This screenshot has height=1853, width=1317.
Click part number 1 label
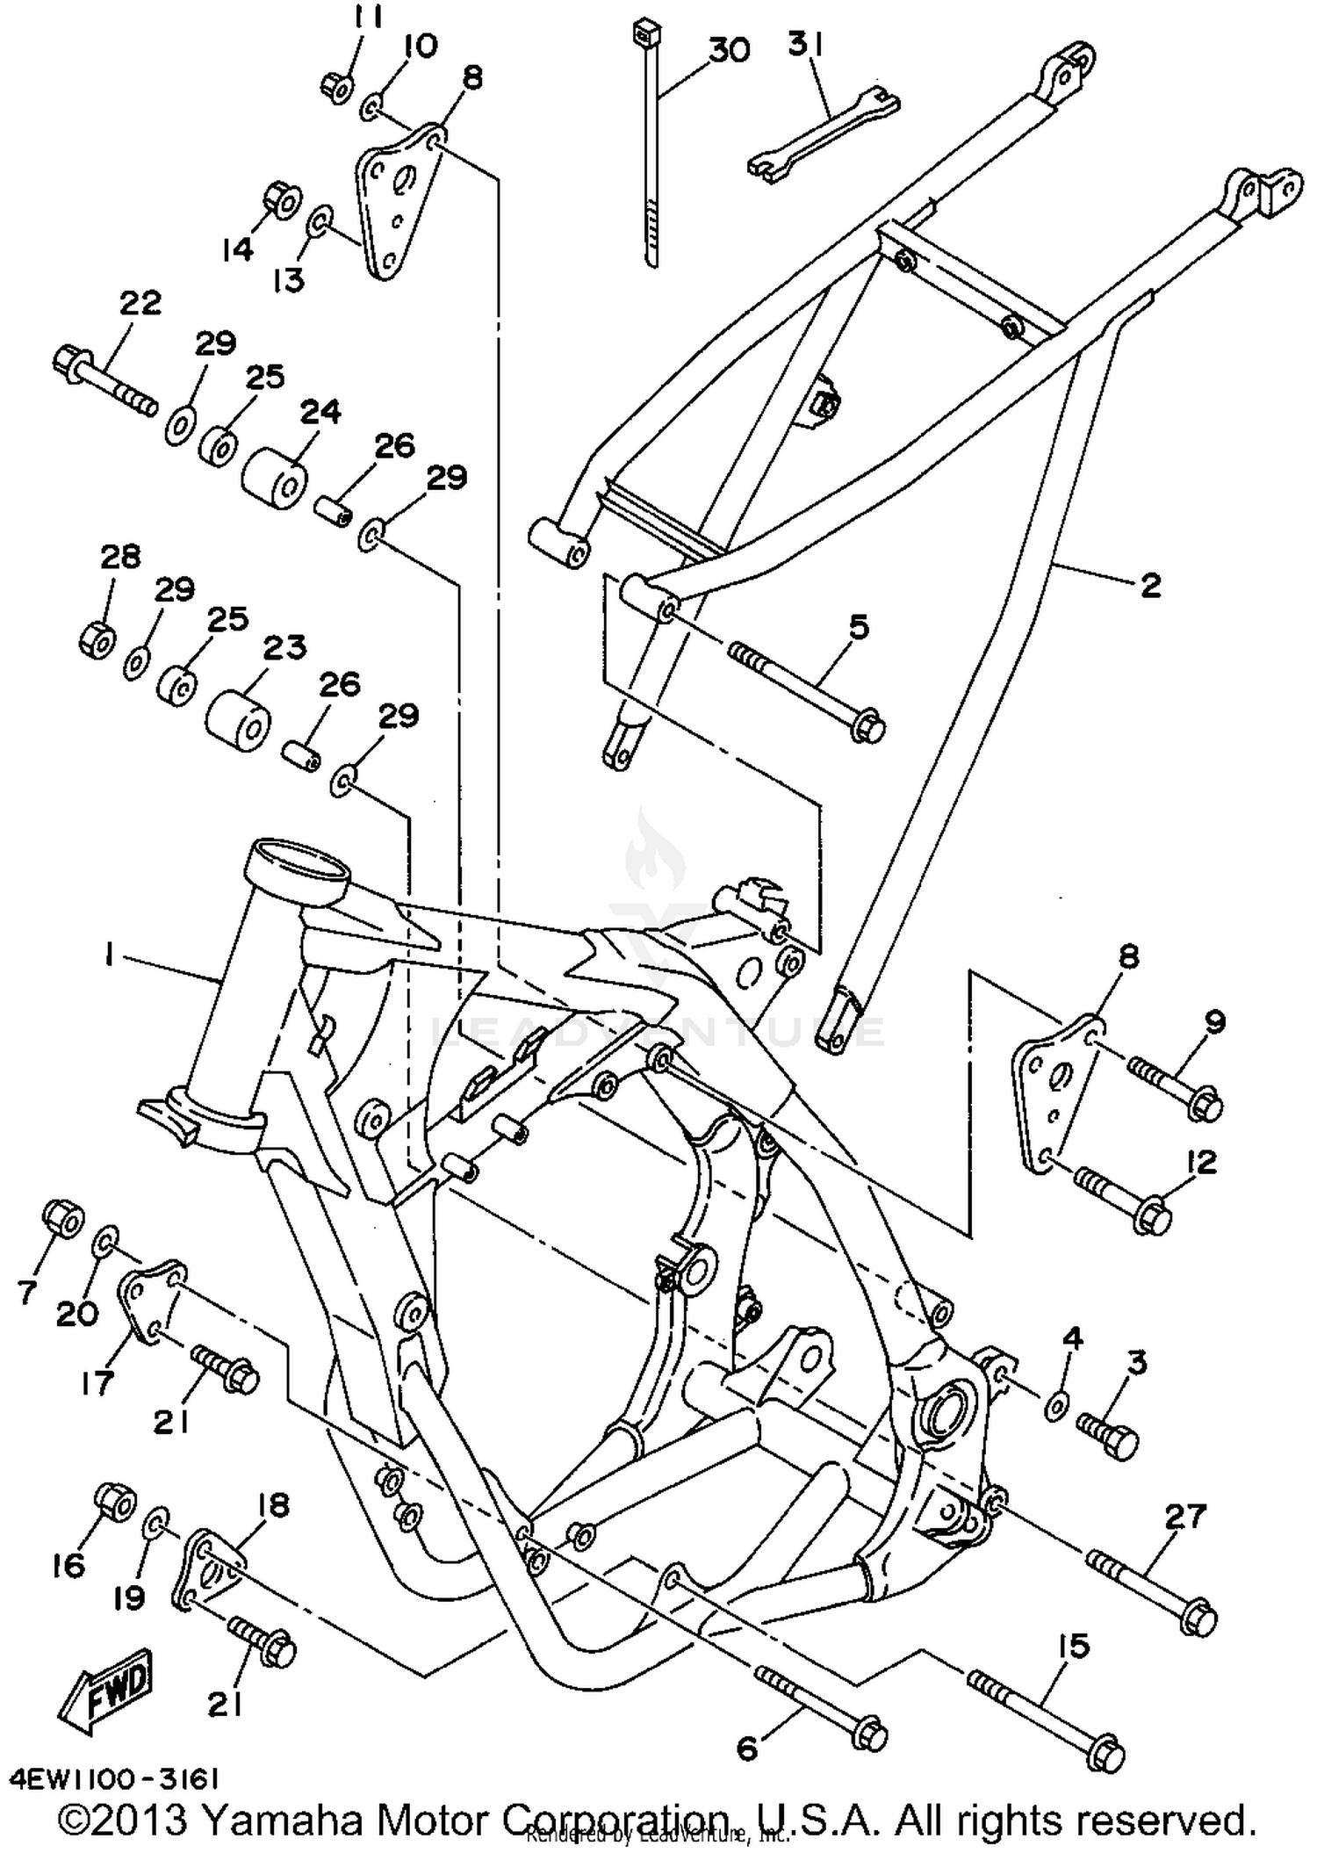[109, 955]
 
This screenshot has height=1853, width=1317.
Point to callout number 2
[1150, 586]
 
